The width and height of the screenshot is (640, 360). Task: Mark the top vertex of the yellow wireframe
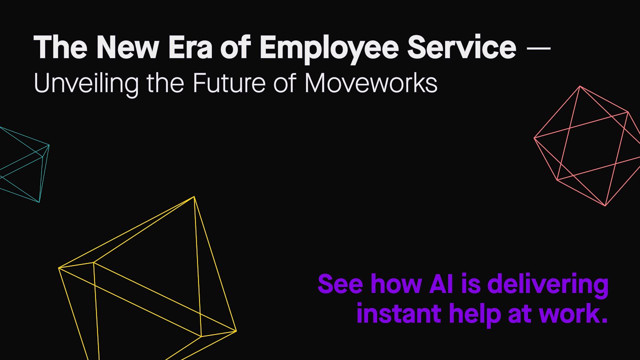coord(194,197)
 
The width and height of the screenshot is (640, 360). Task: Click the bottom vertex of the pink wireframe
coord(605,205)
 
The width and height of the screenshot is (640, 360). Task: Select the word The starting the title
coord(60,47)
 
